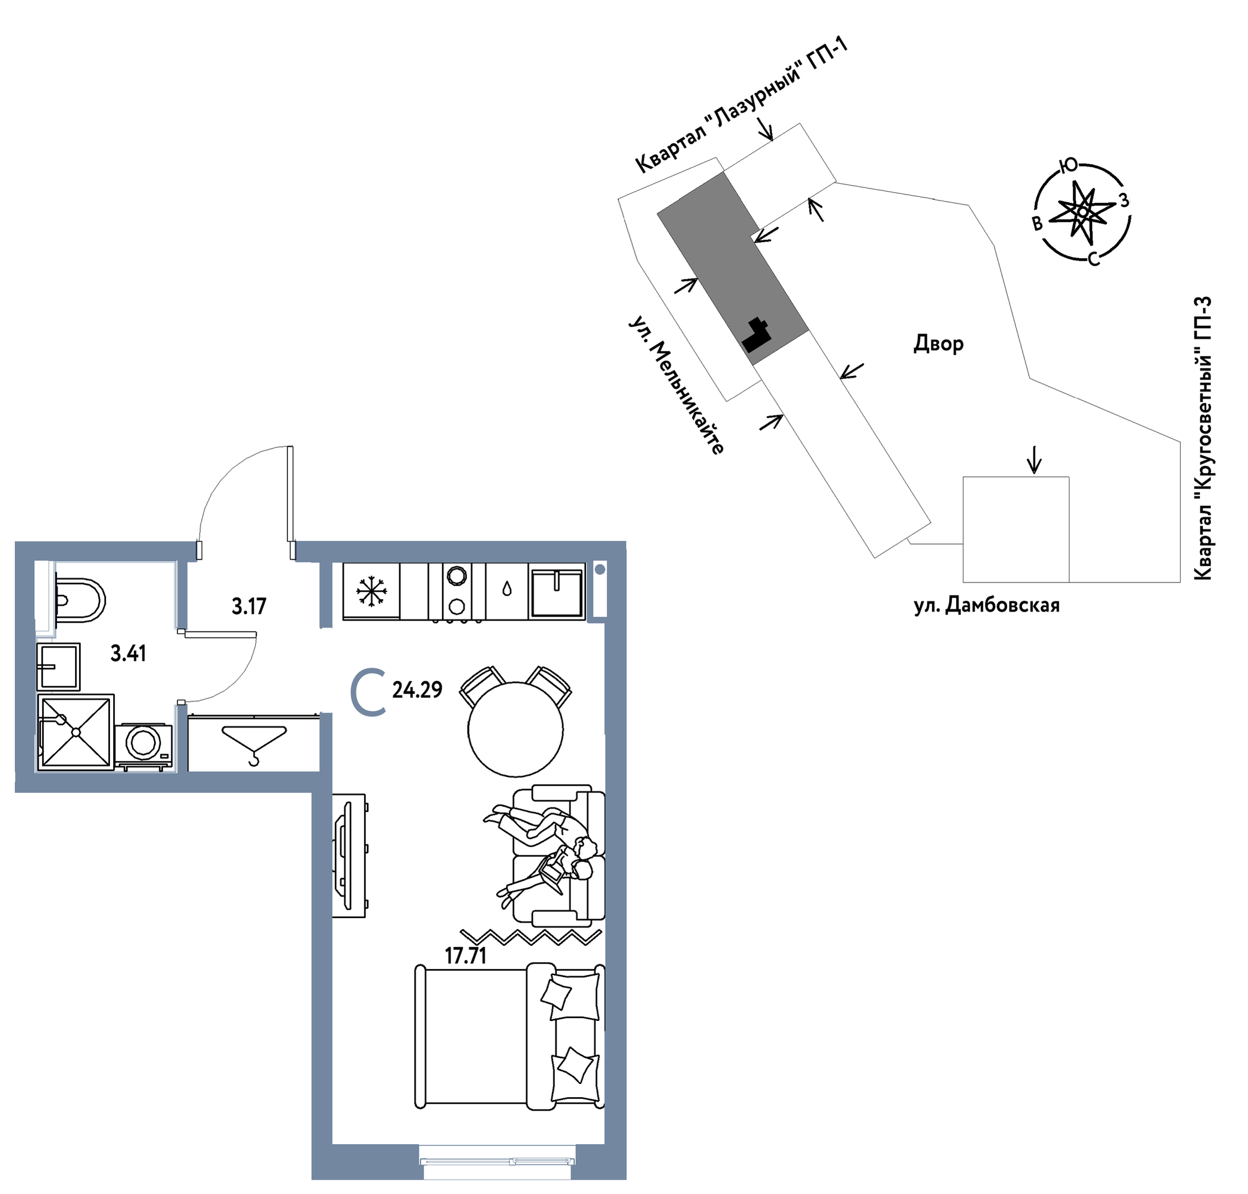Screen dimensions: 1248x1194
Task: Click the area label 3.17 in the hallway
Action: (249, 607)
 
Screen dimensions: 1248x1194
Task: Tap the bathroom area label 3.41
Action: (128, 654)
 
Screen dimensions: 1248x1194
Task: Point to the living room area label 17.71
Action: (465, 956)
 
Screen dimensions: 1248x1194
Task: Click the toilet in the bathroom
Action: (80, 600)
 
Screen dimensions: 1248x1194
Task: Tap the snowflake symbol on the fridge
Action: (371, 591)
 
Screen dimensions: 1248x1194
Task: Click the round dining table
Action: (515, 729)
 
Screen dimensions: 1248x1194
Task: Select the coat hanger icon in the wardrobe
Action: (254, 742)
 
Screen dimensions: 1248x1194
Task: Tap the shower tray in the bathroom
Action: (76, 733)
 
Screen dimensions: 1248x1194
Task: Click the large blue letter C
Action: (368, 691)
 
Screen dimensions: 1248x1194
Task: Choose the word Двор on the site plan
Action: (938, 343)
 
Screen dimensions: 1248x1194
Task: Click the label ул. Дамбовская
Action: (987, 604)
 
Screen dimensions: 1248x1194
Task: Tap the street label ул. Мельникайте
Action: (677, 384)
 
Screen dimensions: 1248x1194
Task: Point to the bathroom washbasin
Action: (59, 666)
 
